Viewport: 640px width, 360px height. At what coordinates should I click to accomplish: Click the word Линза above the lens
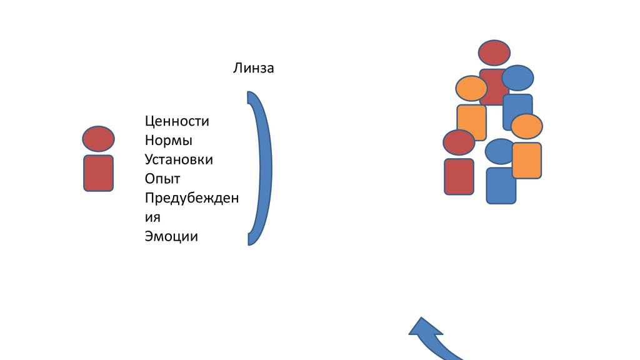click(254, 68)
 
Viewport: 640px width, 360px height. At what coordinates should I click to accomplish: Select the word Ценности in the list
click(177, 121)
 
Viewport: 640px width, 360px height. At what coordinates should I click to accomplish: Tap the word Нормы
click(168, 140)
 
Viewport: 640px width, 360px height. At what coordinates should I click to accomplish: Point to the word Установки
click(179, 159)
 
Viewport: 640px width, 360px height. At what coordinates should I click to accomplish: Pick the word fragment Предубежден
click(191, 198)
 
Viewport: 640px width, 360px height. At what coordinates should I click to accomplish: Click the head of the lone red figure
click(98, 139)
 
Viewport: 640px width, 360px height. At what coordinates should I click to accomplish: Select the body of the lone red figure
click(98, 172)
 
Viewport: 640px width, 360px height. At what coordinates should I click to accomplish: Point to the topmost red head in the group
click(494, 52)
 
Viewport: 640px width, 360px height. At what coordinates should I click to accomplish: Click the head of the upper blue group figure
click(518, 78)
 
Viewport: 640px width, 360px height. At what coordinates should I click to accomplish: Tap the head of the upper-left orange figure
click(472, 88)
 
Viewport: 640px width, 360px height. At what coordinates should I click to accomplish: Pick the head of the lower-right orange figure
click(526, 126)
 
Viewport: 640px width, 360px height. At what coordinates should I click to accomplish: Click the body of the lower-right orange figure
click(527, 160)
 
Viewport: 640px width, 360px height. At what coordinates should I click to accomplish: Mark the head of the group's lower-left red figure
click(459, 142)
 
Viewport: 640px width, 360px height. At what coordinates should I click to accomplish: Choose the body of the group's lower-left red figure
click(459, 176)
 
